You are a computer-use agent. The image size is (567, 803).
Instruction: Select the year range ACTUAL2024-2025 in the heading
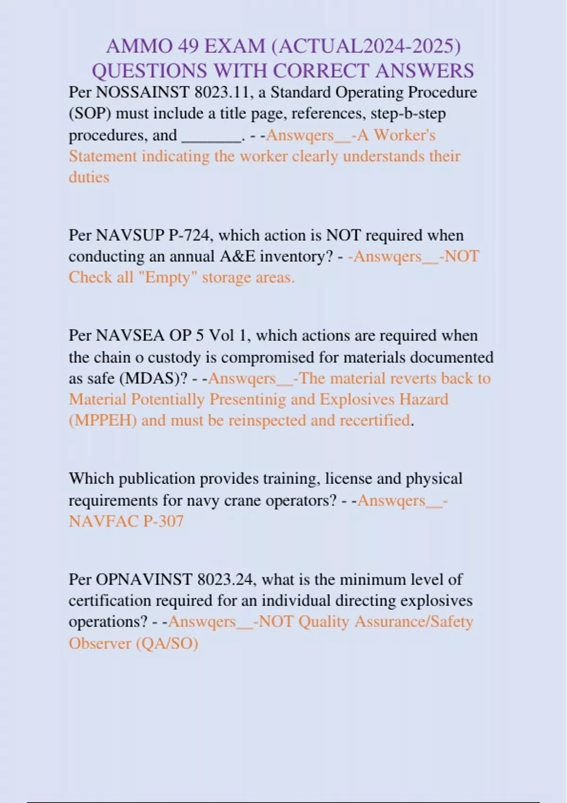click(366, 46)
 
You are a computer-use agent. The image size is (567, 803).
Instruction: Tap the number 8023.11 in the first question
click(222, 92)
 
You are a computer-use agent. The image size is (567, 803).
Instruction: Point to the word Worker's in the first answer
click(405, 135)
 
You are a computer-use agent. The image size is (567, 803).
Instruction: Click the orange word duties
click(89, 177)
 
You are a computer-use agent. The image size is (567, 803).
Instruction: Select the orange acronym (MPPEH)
click(103, 420)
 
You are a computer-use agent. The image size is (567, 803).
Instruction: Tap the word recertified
click(374, 420)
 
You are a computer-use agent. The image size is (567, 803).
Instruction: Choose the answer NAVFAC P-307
click(126, 521)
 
